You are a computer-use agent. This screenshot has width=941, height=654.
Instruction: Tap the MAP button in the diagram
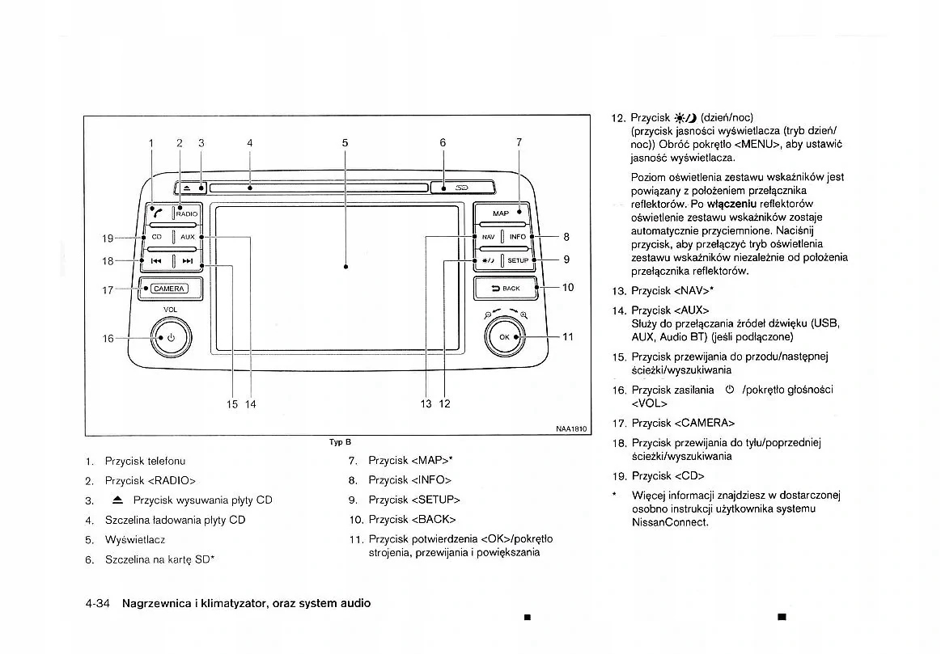[x=502, y=213]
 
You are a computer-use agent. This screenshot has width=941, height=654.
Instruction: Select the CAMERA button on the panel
[x=169, y=289]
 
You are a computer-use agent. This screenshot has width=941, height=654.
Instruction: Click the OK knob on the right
[x=505, y=336]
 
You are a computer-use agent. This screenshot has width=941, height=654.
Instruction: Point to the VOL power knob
[x=171, y=337]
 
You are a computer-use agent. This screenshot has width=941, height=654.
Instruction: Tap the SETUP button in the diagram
[x=518, y=260]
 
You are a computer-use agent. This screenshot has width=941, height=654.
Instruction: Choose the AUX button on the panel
[x=188, y=237]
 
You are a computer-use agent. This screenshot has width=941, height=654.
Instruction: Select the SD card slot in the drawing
[x=462, y=188]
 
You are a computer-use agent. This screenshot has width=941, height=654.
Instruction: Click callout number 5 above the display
[x=345, y=143]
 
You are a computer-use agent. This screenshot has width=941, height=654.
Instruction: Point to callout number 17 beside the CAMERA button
[x=108, y=289]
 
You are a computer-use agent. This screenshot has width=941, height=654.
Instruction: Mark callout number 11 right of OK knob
[x=567, y=336]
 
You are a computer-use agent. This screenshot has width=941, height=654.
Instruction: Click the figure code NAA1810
[x=570, y=429]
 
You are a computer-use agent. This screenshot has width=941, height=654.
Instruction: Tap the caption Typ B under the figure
[x=340, y=442]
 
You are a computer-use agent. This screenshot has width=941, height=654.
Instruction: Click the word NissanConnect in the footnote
[x=670, y=522]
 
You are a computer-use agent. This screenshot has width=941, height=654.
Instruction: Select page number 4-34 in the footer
[x=97, y=603]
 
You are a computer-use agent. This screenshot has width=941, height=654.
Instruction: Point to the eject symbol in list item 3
[x=117, y=500]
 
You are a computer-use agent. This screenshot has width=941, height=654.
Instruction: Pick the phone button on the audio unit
[x=156, y=213]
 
